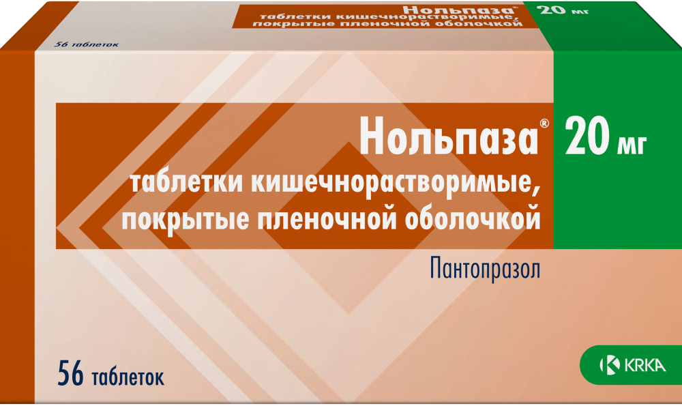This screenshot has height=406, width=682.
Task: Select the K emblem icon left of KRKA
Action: [606, 366]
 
